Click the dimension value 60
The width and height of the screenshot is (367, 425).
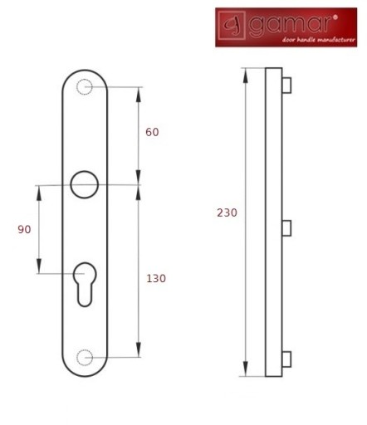click(152, 132)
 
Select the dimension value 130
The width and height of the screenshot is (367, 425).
click(156, 278)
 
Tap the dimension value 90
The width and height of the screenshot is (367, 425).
click(24, 229)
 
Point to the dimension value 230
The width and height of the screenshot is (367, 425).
click(227, 212)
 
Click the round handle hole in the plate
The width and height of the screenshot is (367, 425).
click(85, 171)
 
